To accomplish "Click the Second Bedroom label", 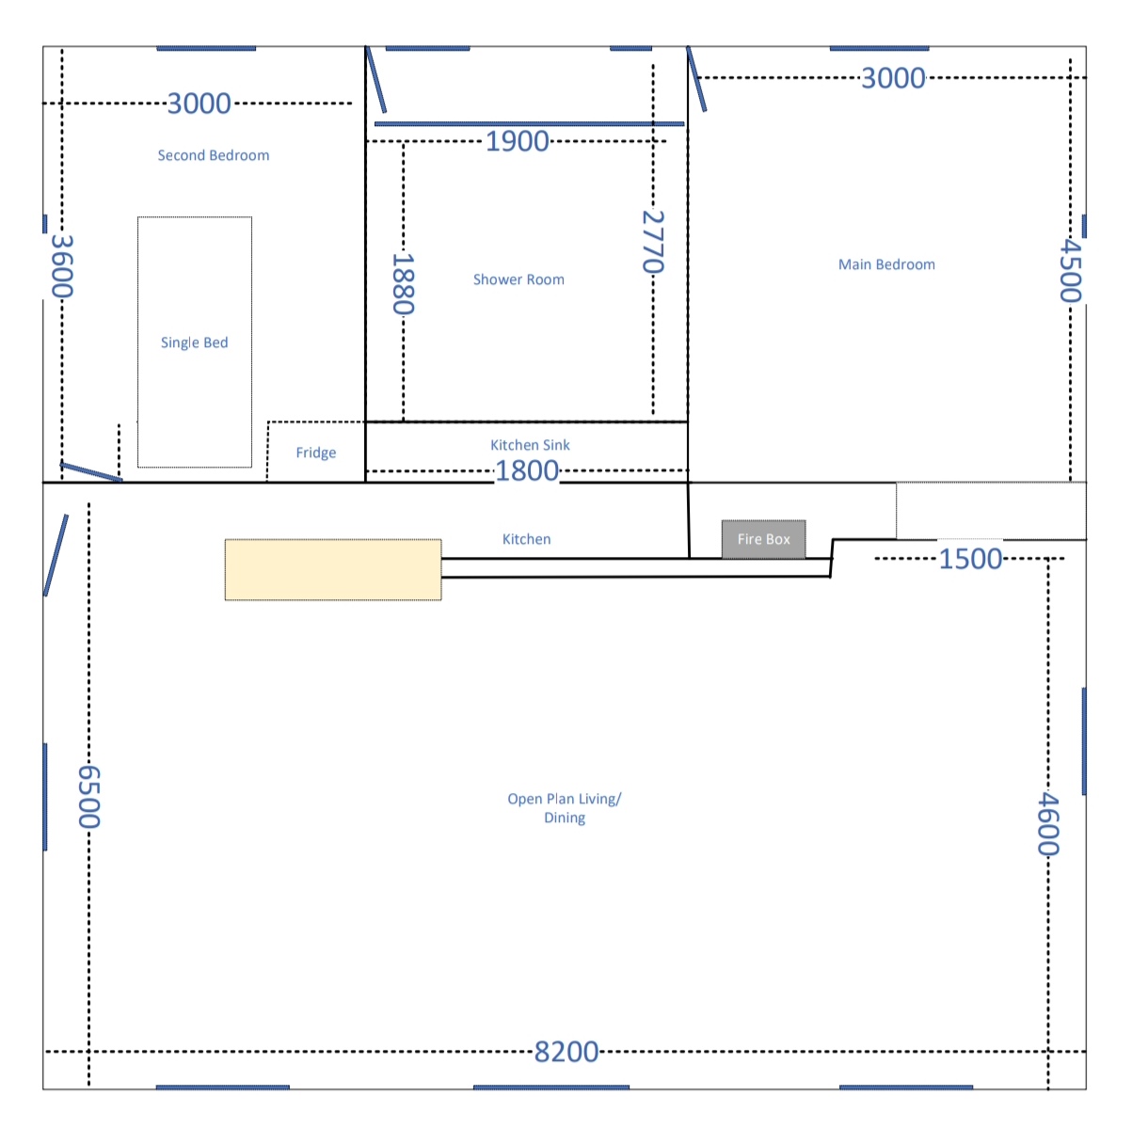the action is coord(214,155).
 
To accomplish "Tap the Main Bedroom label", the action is coord(886,264).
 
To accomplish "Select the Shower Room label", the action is coord(518,279).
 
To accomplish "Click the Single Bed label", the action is coord(194,342).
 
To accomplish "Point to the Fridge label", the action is coord(316,453).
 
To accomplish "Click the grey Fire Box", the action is coord(763,539).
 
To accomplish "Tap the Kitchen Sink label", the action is coord(530,445).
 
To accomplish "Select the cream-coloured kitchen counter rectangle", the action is coord(333,569).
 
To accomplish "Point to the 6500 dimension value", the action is coord(89,797).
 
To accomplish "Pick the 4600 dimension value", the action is coord(1048,823).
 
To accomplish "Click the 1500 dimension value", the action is coord(970,559).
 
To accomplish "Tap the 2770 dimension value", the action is coord(653,242).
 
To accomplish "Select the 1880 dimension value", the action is coord(404,284).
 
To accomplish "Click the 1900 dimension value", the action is coord(518,141).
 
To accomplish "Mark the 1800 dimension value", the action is coord(527,470).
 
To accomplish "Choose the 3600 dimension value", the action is coord(62,266).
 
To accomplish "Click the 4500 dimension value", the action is coord(1071,271).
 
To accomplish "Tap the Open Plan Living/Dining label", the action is coord(564,808).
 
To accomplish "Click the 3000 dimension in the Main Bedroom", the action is coord(894,78).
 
